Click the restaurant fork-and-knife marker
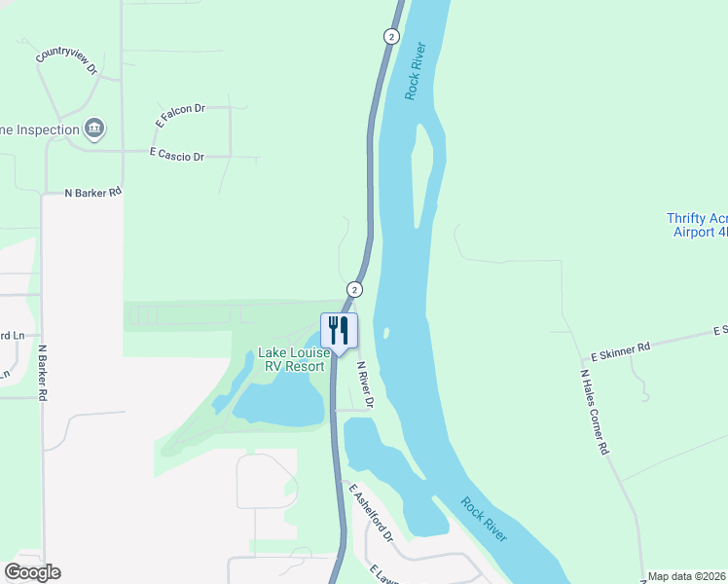point(339,329)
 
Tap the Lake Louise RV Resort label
point(291,360)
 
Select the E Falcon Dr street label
point(179,116)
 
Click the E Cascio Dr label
point(176,156)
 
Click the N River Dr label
point(365,384)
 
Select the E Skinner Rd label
point(620,347)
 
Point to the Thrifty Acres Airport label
point(697,225)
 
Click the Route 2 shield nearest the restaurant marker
point(354,289)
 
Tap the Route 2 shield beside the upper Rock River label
point(391,36)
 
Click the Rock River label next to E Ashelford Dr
point(484,520)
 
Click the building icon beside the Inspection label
point(94,128)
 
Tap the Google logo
point(32,572)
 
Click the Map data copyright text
point(687,576)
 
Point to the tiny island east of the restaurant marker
point(386,333)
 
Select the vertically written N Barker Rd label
point(43,373)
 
